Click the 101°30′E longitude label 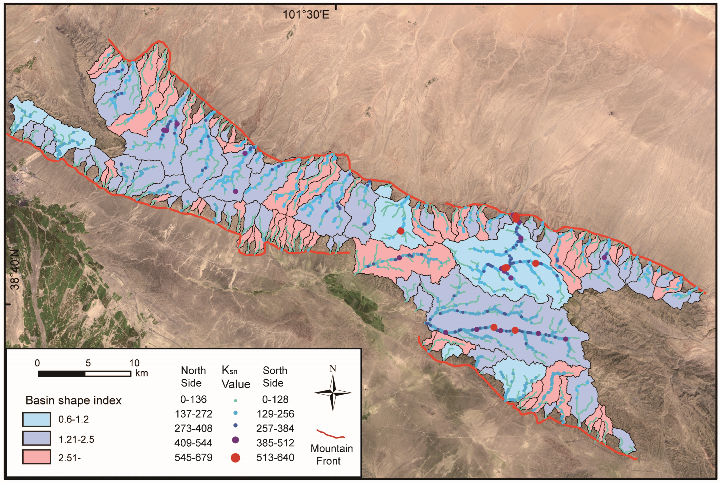(306, 14)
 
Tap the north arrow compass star (333, 393)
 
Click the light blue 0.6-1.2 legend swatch (36, 419)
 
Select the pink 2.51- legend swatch (36, 457)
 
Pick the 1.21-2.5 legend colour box (36, 438)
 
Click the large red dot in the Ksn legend (235, 458)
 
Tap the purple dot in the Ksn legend (235, 440)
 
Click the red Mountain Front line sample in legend (330, 434)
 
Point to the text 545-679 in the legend (193, 457)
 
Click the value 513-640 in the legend (275, 457)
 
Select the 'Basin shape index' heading (73, 400)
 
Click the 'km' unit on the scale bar (142, 373)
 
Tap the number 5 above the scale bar (88, 363)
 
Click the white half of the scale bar (108, 374)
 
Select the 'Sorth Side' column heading (274, 376)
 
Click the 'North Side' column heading (193, 376)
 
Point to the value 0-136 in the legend (193, 399)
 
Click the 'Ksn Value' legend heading (236, 378)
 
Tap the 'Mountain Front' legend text (331, 455)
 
